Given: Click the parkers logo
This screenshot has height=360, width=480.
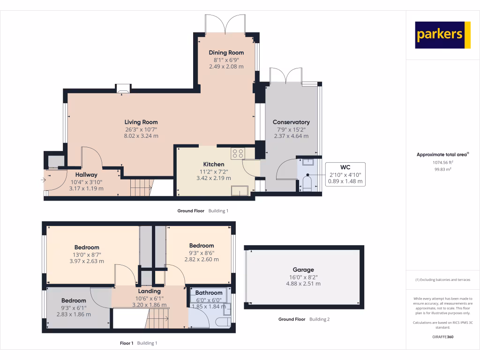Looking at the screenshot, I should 442,35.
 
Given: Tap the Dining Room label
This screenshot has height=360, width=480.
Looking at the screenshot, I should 226,52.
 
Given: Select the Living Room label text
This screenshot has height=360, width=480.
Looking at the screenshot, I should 141,122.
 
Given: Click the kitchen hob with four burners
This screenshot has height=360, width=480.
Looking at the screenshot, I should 238,153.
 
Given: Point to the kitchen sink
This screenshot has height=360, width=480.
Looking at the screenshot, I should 239,190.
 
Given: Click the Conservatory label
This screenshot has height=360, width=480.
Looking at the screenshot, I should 291,122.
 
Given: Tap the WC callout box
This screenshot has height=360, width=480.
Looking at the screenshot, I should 345,174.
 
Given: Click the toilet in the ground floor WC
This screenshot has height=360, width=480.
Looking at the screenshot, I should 307,183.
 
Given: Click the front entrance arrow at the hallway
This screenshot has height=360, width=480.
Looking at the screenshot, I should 50,179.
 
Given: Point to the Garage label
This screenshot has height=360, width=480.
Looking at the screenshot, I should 303,270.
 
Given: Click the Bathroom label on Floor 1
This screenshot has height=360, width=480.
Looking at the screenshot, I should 209,292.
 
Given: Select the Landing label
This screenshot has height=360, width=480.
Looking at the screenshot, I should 149,291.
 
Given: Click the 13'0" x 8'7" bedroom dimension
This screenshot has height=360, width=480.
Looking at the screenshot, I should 87,254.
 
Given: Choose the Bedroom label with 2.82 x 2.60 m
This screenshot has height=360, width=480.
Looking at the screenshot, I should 202,245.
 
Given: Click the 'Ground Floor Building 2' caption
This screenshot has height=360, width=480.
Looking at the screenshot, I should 304,319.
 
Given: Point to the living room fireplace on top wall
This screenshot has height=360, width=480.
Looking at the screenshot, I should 124,89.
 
